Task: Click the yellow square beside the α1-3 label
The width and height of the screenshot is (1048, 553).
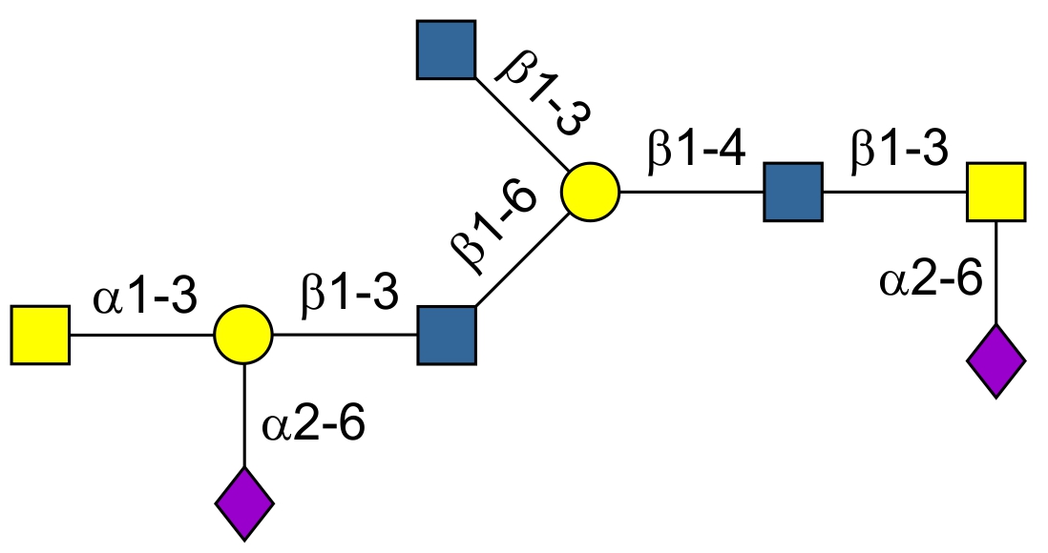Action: coord(40,335)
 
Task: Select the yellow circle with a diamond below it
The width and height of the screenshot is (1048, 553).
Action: coord(243,335)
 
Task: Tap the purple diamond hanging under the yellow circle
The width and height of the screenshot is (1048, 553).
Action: coord(244,502)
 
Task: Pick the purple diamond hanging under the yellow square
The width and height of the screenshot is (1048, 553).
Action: coord(996,361)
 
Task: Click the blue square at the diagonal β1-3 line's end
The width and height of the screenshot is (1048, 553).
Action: coord(446,50)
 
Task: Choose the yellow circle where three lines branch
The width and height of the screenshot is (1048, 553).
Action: coord(590,192)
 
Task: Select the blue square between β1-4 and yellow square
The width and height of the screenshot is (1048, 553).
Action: coord(793,192)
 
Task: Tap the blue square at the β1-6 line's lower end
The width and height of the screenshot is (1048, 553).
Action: coord(446,335)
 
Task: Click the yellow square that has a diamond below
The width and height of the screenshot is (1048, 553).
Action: coord(996,192)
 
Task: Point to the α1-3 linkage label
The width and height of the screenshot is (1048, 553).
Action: coord(144,299)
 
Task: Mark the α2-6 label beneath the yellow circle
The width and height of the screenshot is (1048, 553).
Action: coord(315,425)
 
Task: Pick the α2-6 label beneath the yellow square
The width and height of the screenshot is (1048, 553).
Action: coord(931,282)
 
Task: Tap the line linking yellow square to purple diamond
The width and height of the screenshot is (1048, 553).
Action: coord(996,276)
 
